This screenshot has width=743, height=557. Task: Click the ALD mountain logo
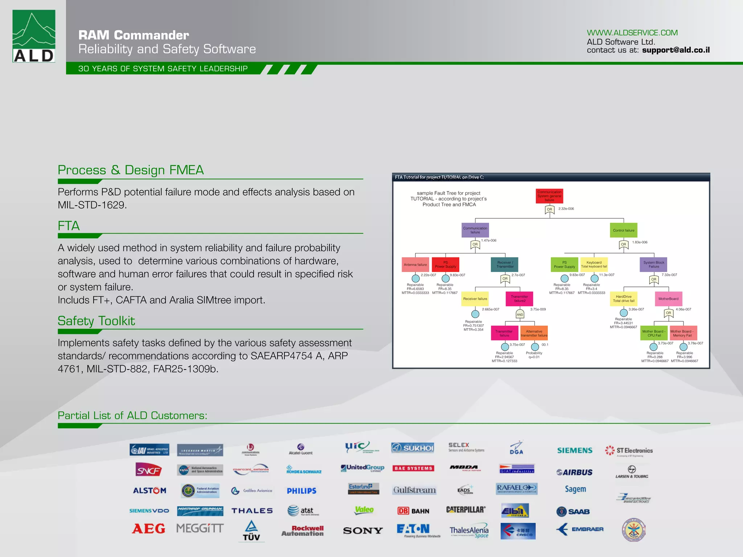34,36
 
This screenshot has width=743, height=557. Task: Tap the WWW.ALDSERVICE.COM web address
632,33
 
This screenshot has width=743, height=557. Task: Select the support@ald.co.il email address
676,50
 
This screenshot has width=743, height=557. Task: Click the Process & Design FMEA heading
131,170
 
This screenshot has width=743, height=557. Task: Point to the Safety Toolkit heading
96,321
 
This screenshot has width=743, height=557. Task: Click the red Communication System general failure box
549,196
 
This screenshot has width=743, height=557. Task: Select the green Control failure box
624,230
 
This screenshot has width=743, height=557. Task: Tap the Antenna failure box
415,265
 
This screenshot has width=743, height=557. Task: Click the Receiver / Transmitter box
505,264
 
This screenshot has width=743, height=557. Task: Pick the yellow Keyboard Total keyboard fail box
594,264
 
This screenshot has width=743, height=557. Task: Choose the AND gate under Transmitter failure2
520,314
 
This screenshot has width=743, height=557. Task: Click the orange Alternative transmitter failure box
534,333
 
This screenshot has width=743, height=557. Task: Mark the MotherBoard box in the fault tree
668,299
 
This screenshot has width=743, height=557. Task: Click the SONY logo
363,531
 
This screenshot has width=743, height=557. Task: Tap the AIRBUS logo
575,472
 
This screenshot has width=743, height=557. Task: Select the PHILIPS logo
301,491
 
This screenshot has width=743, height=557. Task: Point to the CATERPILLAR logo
466,509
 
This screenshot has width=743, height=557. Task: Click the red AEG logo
148,529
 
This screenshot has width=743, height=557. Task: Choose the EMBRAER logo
580,529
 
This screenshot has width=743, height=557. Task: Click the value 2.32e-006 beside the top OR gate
566,209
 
